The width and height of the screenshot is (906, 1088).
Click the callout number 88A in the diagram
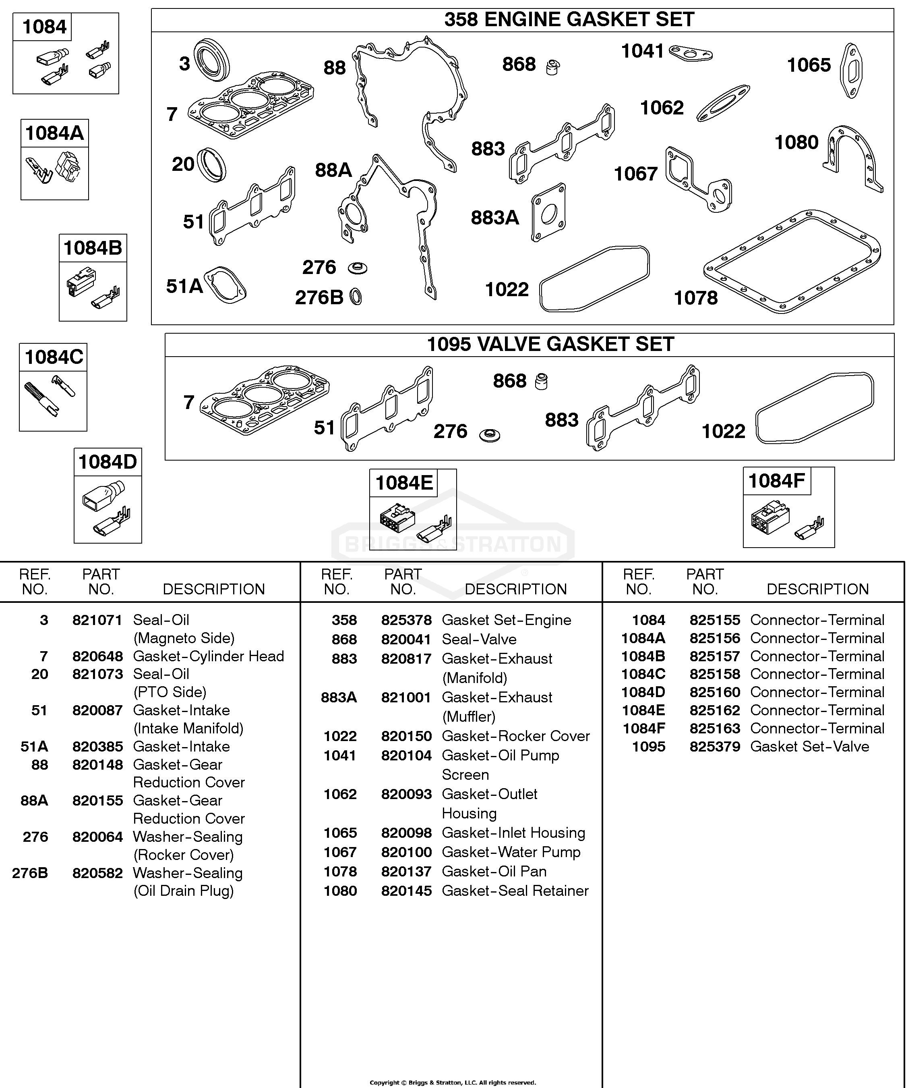click(x=333, y=170)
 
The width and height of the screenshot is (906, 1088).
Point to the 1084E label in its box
click(x=404, y=483)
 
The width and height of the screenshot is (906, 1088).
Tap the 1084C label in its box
click(x=54, y=357)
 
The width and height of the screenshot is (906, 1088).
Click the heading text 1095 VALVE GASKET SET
click(x=550, y=344)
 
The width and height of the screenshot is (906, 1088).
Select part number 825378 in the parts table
click(x=406, y=620)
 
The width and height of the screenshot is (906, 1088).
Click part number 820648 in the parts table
click(x=97, y=656)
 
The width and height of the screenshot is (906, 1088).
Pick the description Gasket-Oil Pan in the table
click(x=494, y=872)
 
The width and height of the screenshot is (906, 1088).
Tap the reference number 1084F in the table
click(x=643, y=729)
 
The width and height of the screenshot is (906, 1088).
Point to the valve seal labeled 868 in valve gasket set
click(x=541, y=381)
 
